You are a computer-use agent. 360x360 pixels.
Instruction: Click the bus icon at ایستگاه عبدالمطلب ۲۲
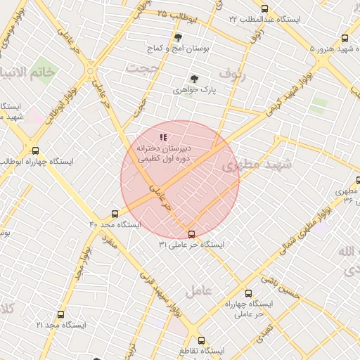tap(264, 8)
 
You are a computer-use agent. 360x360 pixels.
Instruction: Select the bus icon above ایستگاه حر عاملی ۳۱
tap(191, 234)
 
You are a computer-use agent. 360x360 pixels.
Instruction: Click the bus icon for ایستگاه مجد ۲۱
tap(61, 314)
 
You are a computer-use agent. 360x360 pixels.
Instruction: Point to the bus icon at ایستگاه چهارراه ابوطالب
tap(36, 150)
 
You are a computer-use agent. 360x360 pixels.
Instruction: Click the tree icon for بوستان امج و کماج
tap(176, 37)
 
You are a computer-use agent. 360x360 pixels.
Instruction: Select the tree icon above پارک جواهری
tap(194, 79)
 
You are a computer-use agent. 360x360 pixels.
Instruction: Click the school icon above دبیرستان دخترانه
tap(163, 138)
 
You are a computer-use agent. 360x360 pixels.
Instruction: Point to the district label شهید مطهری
tap(251, 165)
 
